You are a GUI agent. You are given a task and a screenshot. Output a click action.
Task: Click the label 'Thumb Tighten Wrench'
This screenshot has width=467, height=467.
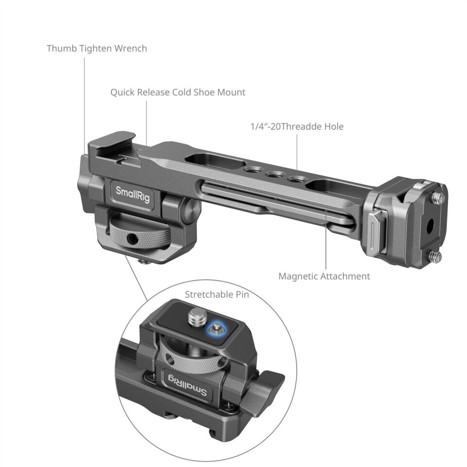pos(97,49)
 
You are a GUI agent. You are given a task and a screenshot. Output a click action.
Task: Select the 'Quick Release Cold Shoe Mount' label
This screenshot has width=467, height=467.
pos(178,92)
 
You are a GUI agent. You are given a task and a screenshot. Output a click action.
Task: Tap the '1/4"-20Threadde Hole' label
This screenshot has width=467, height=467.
pos(297,126)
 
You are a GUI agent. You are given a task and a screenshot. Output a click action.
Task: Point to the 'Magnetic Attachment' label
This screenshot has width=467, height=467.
pos(324,276)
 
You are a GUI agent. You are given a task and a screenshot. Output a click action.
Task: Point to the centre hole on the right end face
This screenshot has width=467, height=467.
pos(430,225)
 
